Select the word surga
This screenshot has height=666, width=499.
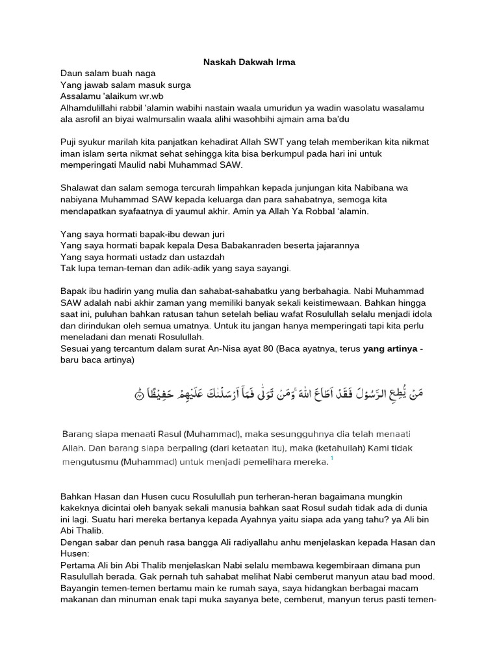[177, 85]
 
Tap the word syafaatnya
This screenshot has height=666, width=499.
[141, 211]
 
